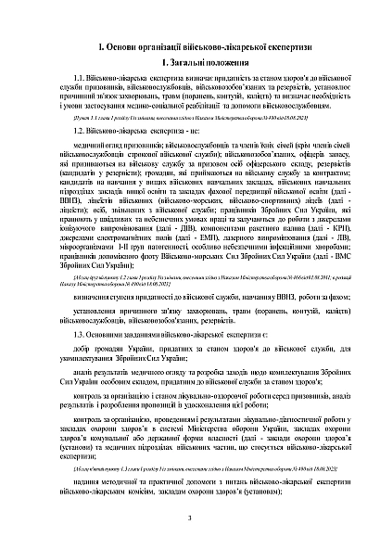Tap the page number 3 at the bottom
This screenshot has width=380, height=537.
(188, 517)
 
